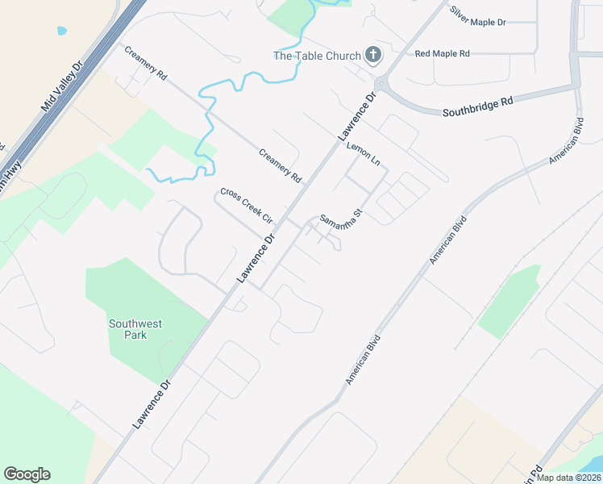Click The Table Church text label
(x=317, y=56)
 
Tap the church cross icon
(x=372, y=55)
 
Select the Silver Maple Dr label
(x=478, y=16)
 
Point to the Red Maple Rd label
(x=442, y=54)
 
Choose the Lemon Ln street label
(x=363, y=153)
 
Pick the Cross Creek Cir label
(x=247, y=207)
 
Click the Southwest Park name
(x=135, y=329)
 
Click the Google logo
(x=27, y=474)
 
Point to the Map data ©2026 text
(x=569, y=478)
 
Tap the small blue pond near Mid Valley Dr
(x=62, y=31)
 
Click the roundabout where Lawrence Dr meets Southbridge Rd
(x=380, y=84)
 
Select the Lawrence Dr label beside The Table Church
(x=357, y=118)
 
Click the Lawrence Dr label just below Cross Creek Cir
(x=256, y=258)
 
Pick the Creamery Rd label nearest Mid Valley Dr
(x=145, y=62)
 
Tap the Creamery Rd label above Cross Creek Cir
(x=280, y=165)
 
